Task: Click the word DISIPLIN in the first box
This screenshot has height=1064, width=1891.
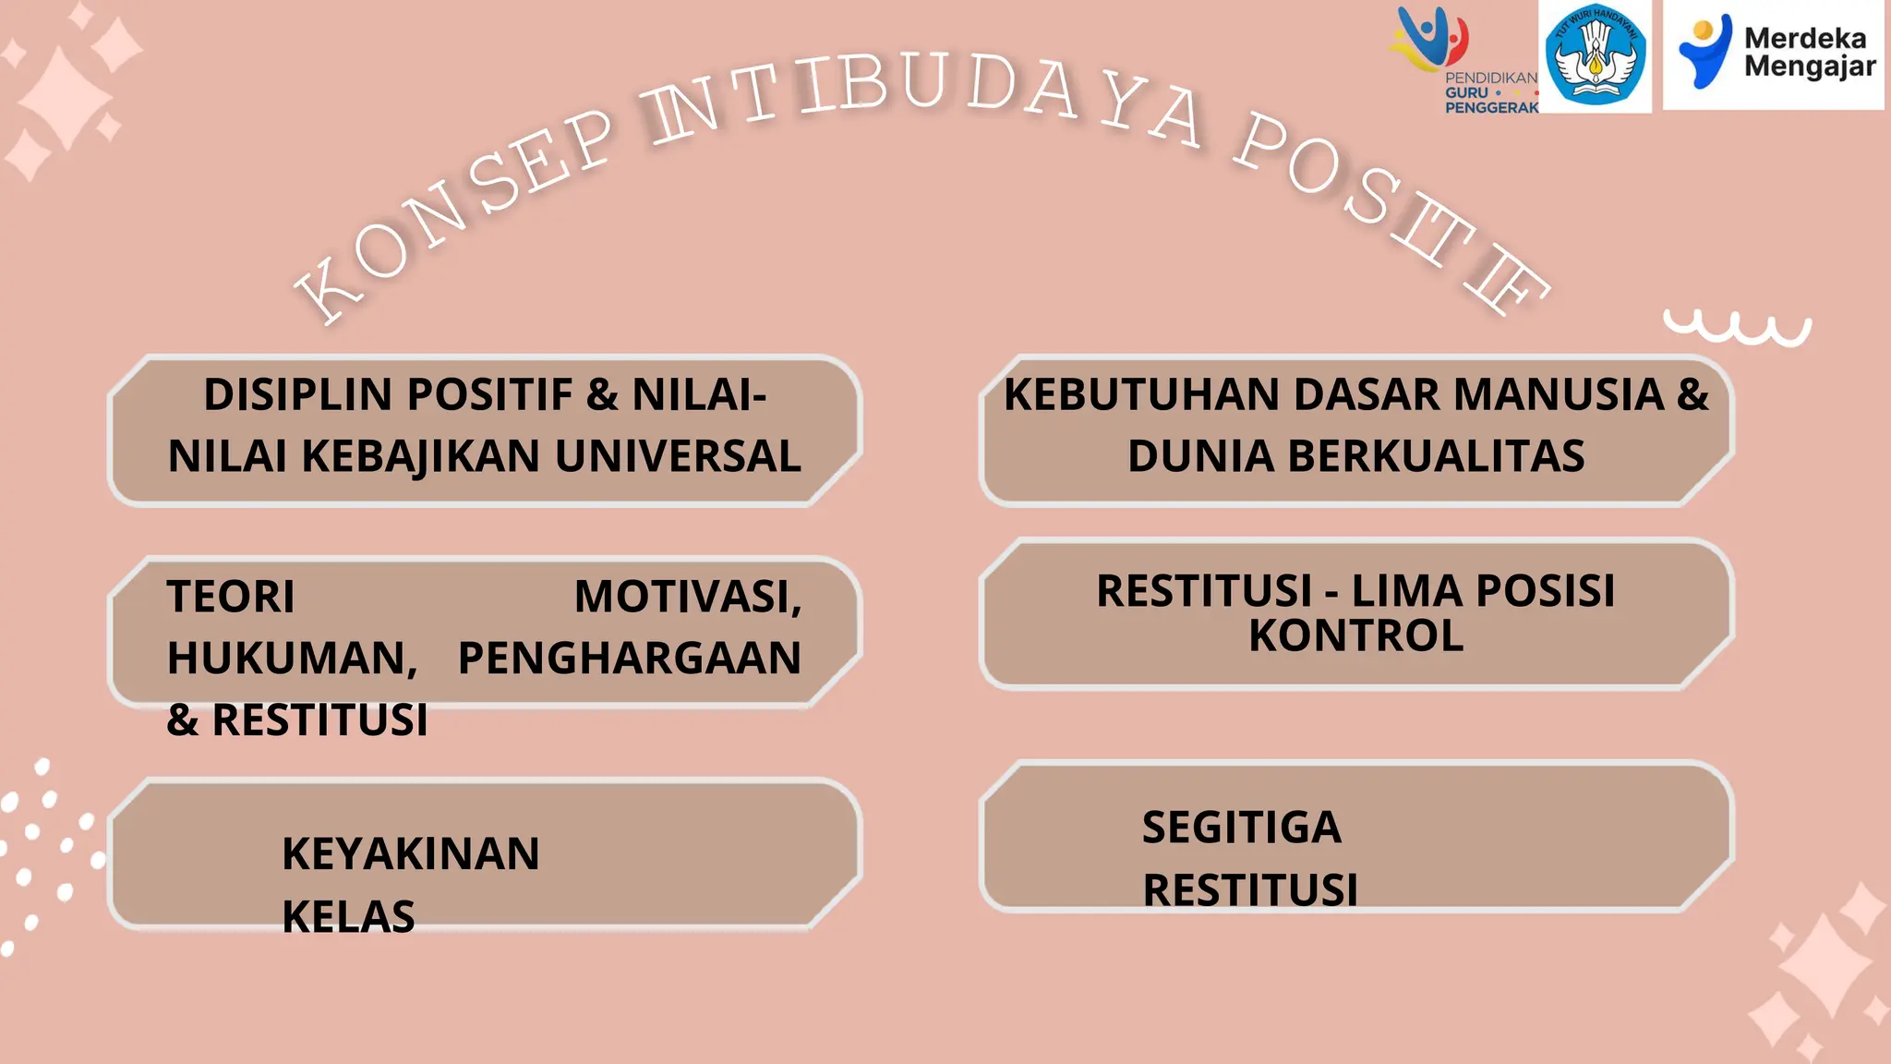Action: (297, 395)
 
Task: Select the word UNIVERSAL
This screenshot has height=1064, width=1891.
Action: (678, 457)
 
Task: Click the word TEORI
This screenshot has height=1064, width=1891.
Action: (231, 597)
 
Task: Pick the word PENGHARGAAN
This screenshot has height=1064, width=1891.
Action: (630, 659)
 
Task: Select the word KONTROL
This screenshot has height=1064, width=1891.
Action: (1355, 636)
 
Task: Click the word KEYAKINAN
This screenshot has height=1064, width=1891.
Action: (411, 854)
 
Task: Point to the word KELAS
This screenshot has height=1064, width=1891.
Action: (348, 917)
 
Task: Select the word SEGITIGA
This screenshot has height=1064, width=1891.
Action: (1241, 828)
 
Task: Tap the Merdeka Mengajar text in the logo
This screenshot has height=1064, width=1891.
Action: (1809, 53)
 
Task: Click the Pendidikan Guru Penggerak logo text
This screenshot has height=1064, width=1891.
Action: (1490, 92)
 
